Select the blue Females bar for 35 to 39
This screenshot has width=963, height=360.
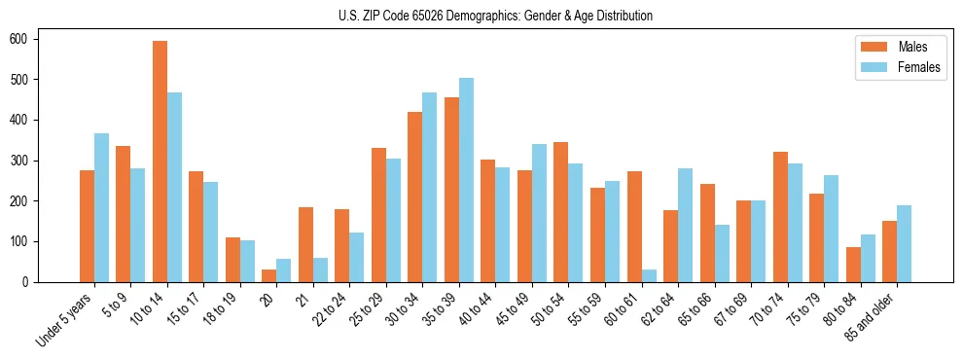[x=467, y=180]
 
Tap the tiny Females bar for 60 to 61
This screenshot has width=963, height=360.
[x=649, y=275]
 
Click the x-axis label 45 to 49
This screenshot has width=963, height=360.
[x=516, y=309]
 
